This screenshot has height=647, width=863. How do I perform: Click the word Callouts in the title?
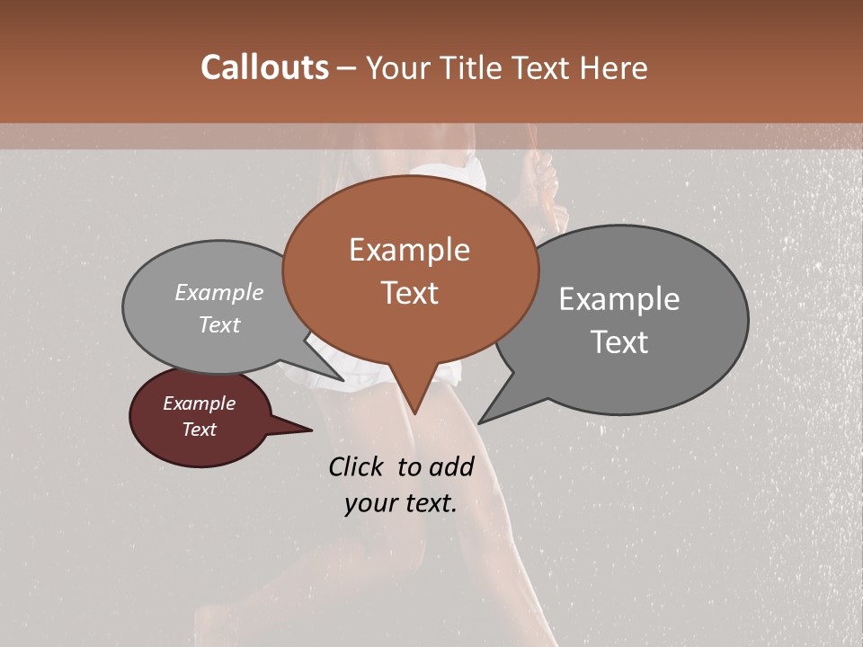tap(264, 67)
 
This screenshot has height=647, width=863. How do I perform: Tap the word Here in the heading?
tap(610, 67)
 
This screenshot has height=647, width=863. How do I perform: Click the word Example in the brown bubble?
tap(410, 250)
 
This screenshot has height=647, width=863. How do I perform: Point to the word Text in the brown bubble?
tap(410, 293)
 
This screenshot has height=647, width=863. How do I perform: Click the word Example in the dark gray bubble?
tap(619, 299)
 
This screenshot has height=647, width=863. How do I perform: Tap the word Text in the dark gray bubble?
tap(619, 342)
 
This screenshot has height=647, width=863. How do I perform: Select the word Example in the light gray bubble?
tap(219, 293)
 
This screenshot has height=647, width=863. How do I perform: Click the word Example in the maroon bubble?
tap(200, 404)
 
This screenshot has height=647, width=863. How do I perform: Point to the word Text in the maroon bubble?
tap(200, 430)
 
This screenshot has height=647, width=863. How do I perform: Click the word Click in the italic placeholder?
tap(359, 466)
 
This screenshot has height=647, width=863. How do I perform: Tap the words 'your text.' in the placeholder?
tap(401, 504)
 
